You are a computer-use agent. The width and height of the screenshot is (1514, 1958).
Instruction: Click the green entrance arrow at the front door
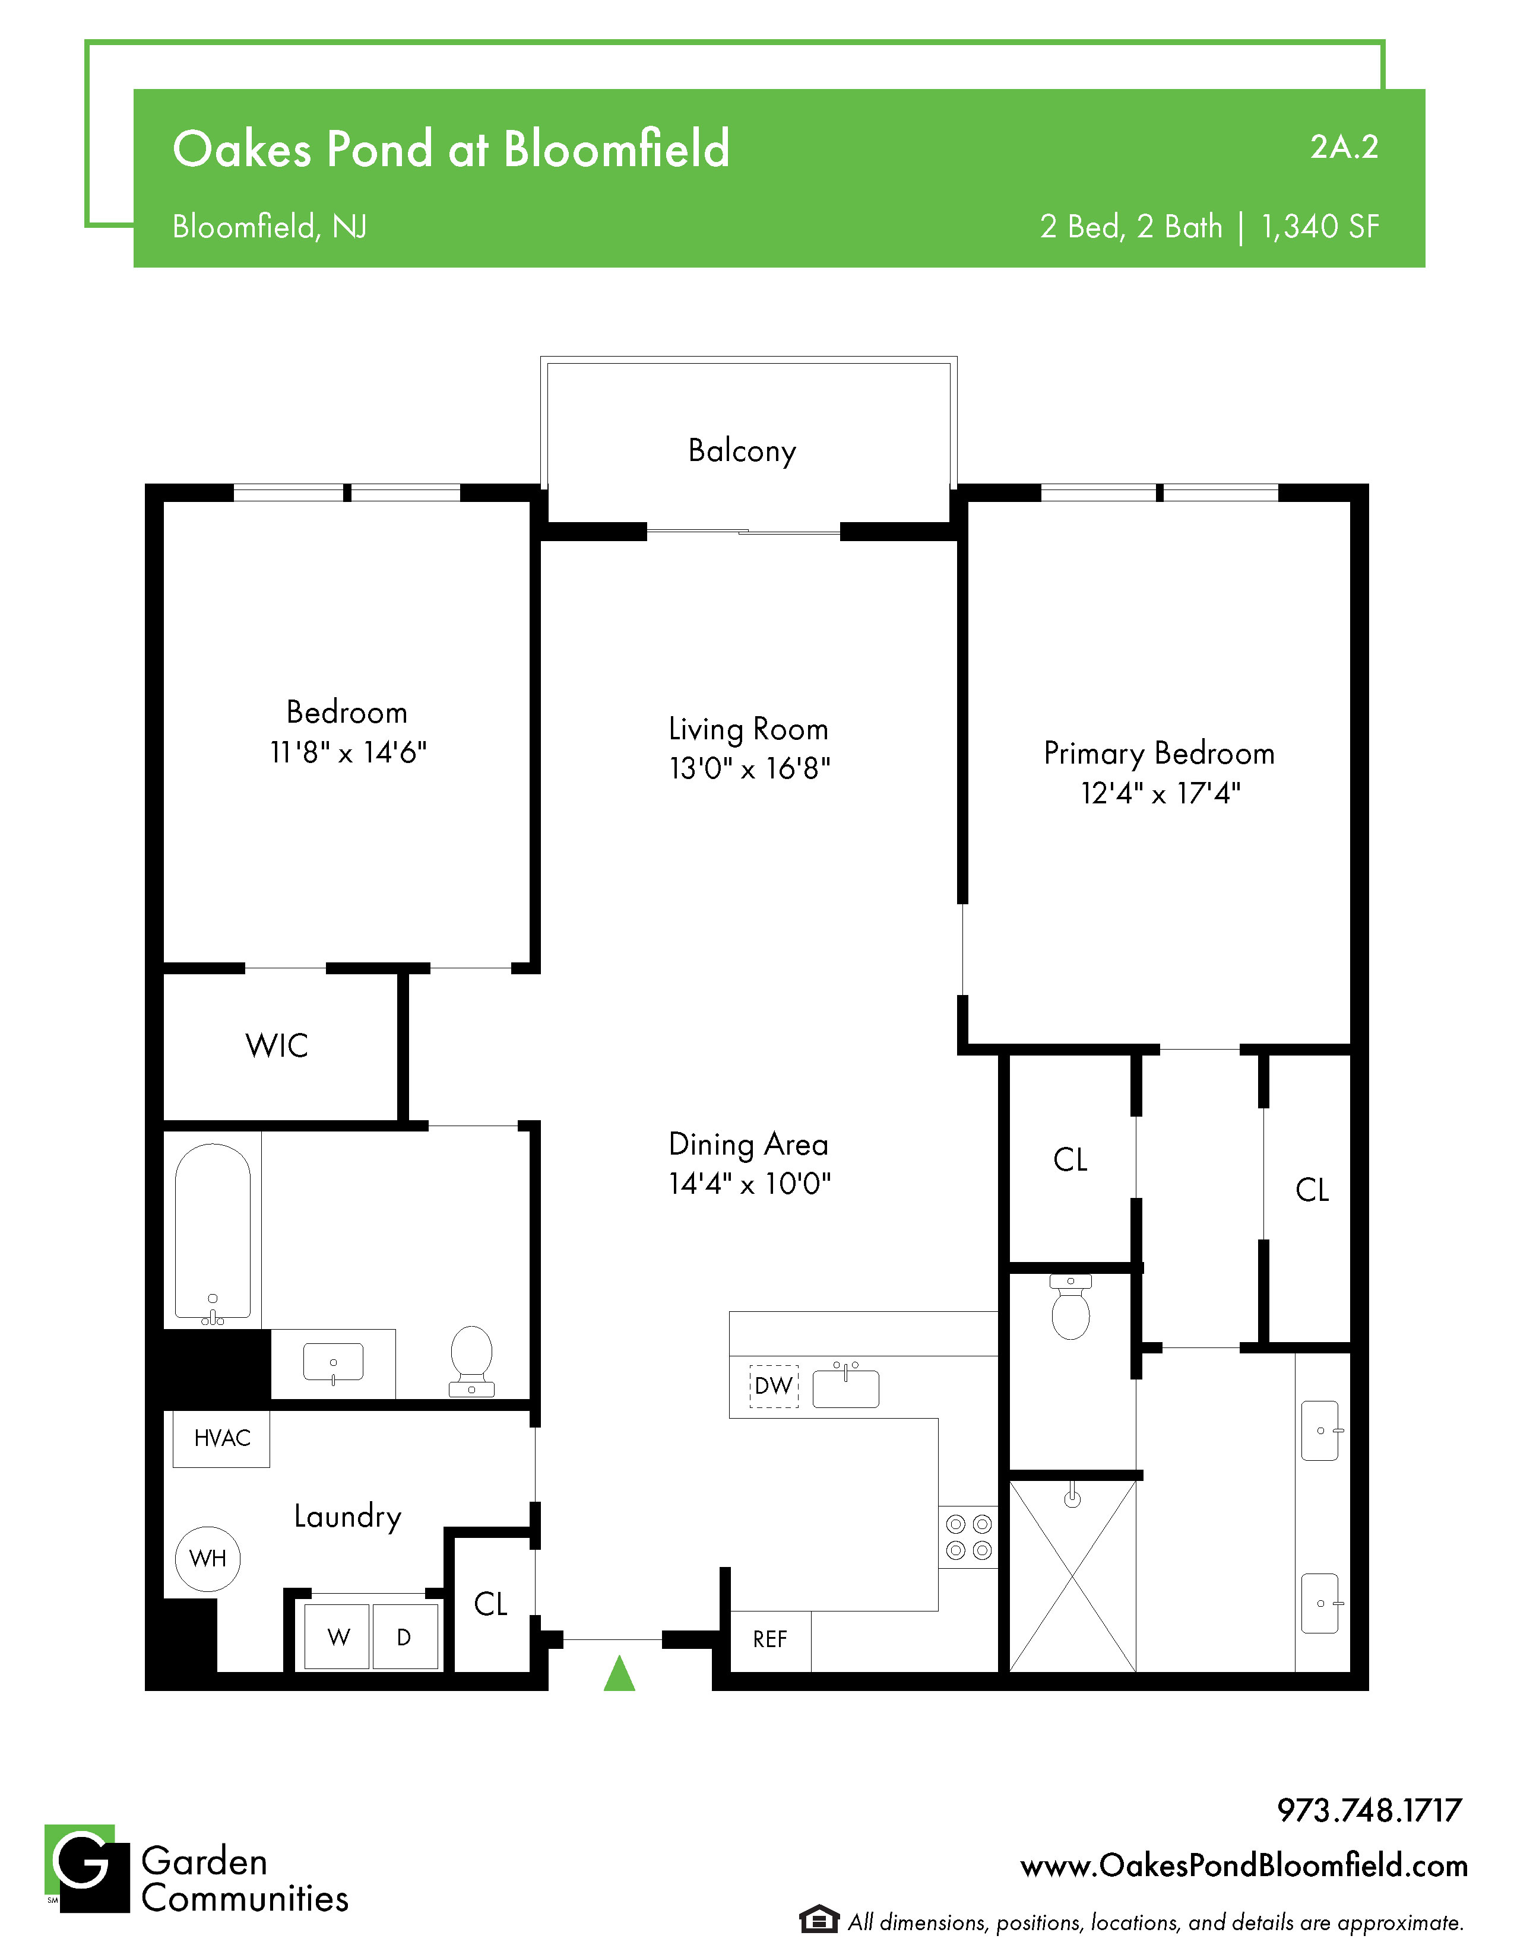pos(619,1673)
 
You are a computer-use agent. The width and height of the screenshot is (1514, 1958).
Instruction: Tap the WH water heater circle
pos(208,1559)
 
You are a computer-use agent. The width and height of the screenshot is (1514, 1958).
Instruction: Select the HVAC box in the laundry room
pos(221,1439)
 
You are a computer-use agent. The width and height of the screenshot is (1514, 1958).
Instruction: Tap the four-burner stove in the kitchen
pos(969,1537)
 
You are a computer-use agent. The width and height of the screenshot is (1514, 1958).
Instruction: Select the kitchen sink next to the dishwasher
pos(846,1386)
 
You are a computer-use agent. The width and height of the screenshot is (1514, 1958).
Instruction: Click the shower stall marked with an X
pos(1073,1576)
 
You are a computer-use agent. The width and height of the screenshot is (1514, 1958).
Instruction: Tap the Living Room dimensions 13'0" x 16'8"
pos(750,769)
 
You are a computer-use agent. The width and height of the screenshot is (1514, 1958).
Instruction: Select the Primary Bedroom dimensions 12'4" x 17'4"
pos(1161,793)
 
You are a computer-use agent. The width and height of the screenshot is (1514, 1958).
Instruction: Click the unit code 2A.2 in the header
pos(1344,147)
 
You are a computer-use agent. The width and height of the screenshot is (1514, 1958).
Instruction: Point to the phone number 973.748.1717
pos(1370,1810)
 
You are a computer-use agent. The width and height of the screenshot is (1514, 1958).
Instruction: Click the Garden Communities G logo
pos(87,1868)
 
